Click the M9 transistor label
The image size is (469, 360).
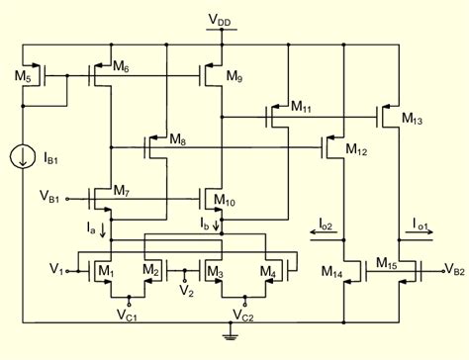point(234,76)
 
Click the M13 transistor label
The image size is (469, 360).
point(414,118)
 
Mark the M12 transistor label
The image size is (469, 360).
point(357,149)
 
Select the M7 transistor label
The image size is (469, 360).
point(122,190)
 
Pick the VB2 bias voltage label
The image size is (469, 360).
point(453,268)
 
